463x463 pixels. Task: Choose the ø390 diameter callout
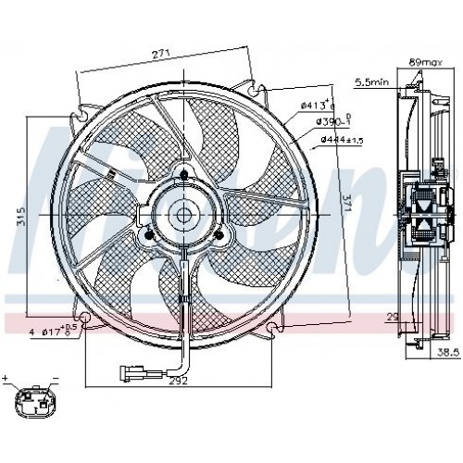point(331,122)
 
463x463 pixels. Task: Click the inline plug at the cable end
point(130,375)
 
